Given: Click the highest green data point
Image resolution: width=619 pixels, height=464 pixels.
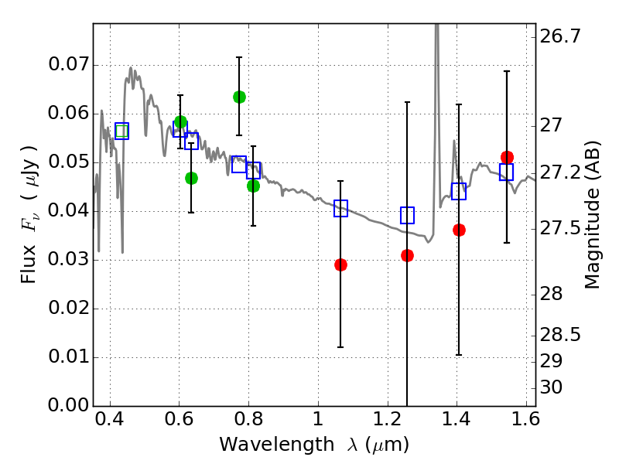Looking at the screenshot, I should (x=239, y=97).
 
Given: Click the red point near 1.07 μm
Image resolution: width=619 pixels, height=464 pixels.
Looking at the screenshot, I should (x=340, y=264).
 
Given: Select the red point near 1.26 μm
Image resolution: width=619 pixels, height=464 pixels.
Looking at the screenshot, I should (x=407, y=255).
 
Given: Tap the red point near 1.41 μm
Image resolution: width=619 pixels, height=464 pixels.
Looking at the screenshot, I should (x=459, y=230).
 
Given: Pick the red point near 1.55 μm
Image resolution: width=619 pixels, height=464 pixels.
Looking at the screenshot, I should (x=507, y=157).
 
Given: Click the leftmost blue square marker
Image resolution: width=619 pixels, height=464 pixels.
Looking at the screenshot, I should (x=121, y=131).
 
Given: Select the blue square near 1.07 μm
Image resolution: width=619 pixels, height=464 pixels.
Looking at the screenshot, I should (x=340, y=208).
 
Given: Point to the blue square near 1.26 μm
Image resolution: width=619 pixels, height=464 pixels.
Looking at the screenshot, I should (x=407, y=215).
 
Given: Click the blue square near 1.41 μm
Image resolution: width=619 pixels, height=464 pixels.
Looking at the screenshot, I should (x=459, y=191).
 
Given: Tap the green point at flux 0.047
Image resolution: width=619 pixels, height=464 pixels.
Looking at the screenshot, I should (x=191, y=178).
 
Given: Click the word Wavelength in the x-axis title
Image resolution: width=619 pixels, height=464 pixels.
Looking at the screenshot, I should (x=265, y=445).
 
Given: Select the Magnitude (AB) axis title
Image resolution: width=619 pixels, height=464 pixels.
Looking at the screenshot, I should (x=593, y=215).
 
